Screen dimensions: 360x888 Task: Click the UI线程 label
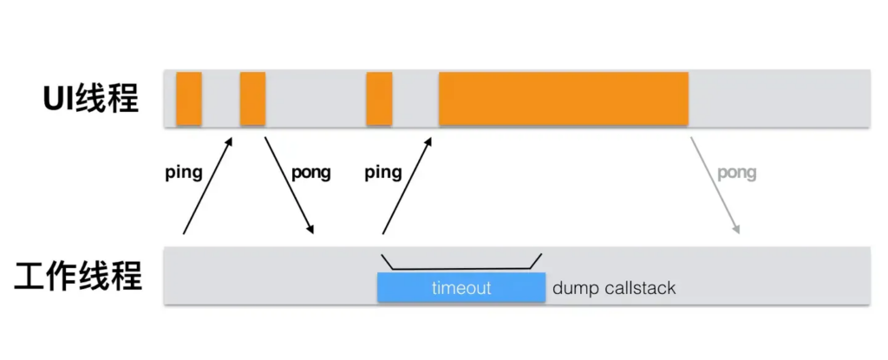tap(90, 99)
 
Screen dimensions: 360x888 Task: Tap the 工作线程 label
tap(78, 277)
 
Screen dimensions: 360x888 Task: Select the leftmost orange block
tap(189, 99)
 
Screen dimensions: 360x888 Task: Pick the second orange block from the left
tap(252, 99)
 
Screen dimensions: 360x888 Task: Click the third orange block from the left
tap(379, 99)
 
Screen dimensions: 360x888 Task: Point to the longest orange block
tap(563, 99)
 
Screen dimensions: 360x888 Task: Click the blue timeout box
tap(460, 288)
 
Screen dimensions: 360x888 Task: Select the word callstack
tap(637, 288)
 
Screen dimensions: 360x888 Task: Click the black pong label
tap(311, 173)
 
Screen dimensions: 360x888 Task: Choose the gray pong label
tap(736, 173)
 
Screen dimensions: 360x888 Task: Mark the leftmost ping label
tap(183, 173)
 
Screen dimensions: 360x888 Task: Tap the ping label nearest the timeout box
tap(382, 173)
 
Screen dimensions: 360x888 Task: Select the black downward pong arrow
tap(289, 185)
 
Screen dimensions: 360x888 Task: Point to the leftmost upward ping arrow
tap(208, 185)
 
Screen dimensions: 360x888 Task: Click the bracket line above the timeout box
tap(460, 268)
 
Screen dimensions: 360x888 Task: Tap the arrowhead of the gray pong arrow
tap(737, 230)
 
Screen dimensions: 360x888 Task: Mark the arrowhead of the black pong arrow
tap(310, 230)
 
